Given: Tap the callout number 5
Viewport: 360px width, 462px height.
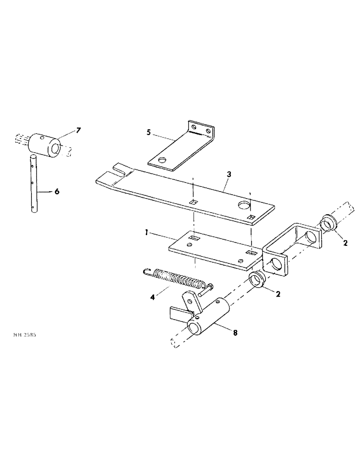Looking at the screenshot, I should [148, 133].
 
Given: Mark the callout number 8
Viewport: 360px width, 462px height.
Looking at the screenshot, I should [235, 332].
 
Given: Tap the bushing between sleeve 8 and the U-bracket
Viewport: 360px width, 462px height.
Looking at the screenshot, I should [256, 280].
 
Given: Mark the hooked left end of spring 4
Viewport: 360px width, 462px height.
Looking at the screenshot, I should [146, 273].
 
